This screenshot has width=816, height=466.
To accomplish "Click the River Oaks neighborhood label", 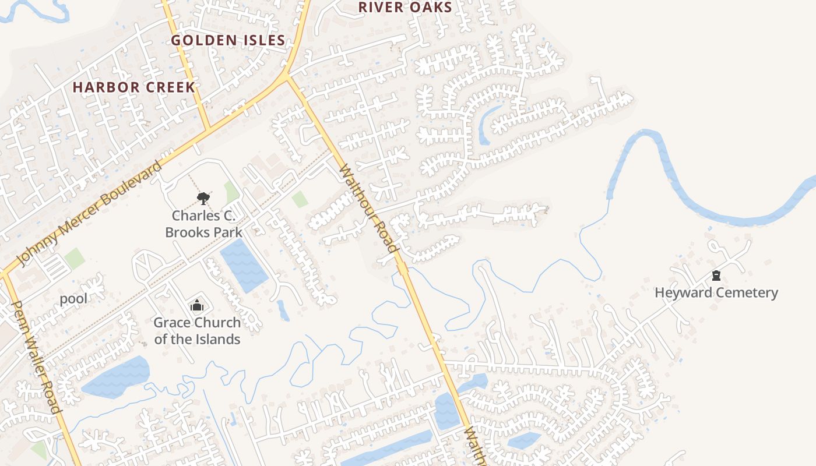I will click(405, 7).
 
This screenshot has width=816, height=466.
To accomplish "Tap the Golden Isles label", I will click(228, 40).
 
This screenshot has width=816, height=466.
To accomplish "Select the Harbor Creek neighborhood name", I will click(133, 87).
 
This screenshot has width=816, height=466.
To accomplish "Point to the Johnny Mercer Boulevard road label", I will click(90, 213).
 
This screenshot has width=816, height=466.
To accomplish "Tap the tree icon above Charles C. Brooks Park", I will click(203, 199).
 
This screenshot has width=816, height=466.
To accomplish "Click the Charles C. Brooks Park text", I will click(203, 224).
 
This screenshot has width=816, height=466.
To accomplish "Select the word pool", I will click(73, 299).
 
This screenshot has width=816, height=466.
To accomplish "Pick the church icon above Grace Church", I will click(197, 305).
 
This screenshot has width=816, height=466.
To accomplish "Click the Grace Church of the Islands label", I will click(197, 331).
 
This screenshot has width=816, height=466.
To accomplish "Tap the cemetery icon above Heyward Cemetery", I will click(716, 276).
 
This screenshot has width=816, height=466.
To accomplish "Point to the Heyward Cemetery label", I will click(716, 292).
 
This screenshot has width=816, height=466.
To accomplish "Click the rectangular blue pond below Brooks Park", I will click(244, 265).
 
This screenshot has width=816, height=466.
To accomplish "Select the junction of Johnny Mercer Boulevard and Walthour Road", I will click(286, 76).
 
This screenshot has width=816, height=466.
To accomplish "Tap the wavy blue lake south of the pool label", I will click(117, 377).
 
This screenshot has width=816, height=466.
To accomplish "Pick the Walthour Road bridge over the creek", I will click(402, 268).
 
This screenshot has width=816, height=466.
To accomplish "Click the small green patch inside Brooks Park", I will click(231, 191).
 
